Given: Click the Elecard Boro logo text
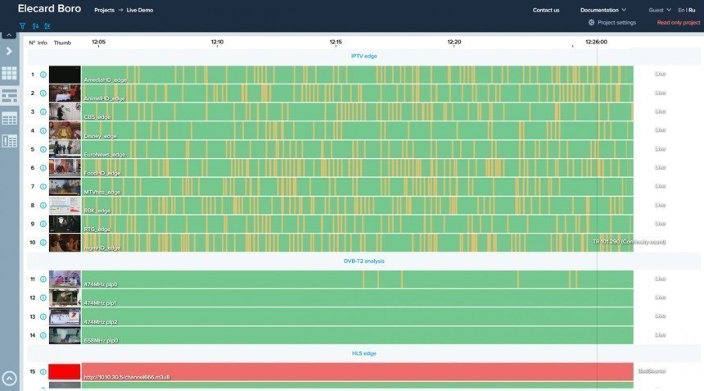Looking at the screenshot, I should [x=49, y=9].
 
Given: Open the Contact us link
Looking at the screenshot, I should [x=546, y=10].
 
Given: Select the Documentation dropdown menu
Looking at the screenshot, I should [x=603, y=10].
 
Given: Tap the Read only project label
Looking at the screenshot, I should [x=679, y=23].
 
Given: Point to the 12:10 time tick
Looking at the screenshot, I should [x=217, y=42].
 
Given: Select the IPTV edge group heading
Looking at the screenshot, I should [x=363, y=56].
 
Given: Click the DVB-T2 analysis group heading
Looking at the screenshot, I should [x=363, y=261].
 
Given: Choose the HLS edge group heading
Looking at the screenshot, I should [x=363, y=353].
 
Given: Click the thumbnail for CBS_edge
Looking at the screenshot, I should [x=65, y=111].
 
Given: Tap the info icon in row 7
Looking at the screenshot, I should [x=43, y=187].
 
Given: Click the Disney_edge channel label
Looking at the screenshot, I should [x=101, y=136].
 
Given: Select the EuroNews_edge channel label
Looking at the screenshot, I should [x=105, y=155].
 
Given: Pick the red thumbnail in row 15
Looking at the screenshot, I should [x=65, y=371].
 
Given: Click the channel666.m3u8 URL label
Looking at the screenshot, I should [x=127, y=377].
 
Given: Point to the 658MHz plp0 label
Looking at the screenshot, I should [x=102, y=340].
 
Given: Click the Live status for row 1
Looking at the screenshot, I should [x=660, y=74].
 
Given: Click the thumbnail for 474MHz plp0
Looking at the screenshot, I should [x=65, y=279].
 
